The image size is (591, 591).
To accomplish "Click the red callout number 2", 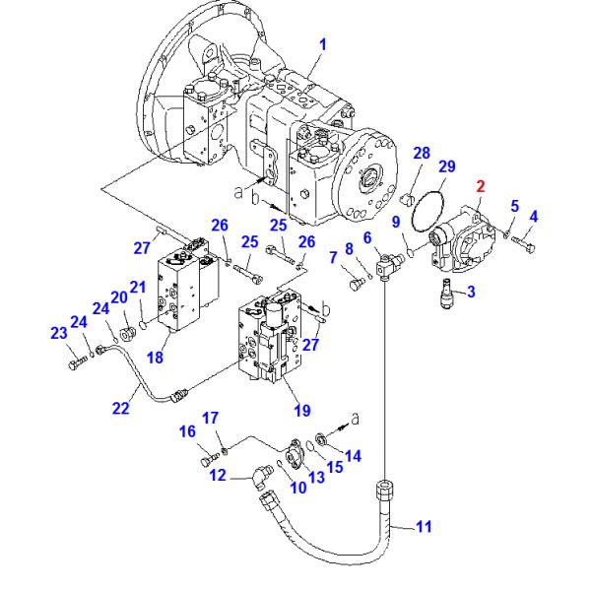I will tap(481, 184).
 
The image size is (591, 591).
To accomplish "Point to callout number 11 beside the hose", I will tap(423, 528).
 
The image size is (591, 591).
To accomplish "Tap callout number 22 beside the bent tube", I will tap(120, 408).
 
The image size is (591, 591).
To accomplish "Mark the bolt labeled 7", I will tap(358, 284).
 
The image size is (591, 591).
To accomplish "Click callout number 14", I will tap(354, 455).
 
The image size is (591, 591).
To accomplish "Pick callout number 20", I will tap(118, 297).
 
